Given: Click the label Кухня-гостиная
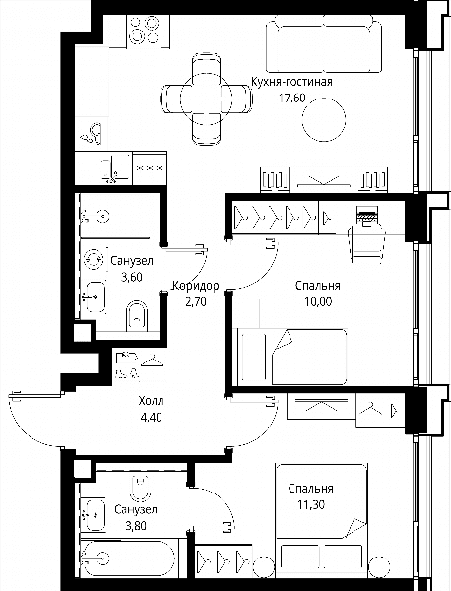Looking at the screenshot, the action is (x=291, y=82).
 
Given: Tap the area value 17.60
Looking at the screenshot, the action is (x=292, y=98).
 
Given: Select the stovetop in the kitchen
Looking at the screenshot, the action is (x=144, y=31).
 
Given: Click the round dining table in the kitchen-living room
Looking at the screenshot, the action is (x=206, y=99).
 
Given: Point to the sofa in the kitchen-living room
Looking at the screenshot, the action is (x=324, y=43).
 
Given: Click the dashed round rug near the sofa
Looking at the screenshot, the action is (x=324, y=119).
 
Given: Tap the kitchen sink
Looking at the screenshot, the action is (x=93, y=133).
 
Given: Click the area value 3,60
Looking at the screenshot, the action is (x=132, y=278).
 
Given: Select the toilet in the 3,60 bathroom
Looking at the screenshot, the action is (x=137, y=316).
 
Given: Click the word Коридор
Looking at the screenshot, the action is (x=195, y=286).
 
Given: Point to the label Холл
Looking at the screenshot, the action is (x=151, y=401).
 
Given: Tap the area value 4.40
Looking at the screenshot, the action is (x=151, y=418).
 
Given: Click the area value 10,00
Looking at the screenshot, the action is (x=319, y=302).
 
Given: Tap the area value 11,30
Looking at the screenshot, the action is (x=311, y=504).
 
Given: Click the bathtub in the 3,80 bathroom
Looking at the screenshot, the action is (x=128, y=558).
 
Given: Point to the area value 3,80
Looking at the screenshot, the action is (x=136, y=525).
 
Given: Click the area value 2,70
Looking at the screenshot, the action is (x=196, y=302).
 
